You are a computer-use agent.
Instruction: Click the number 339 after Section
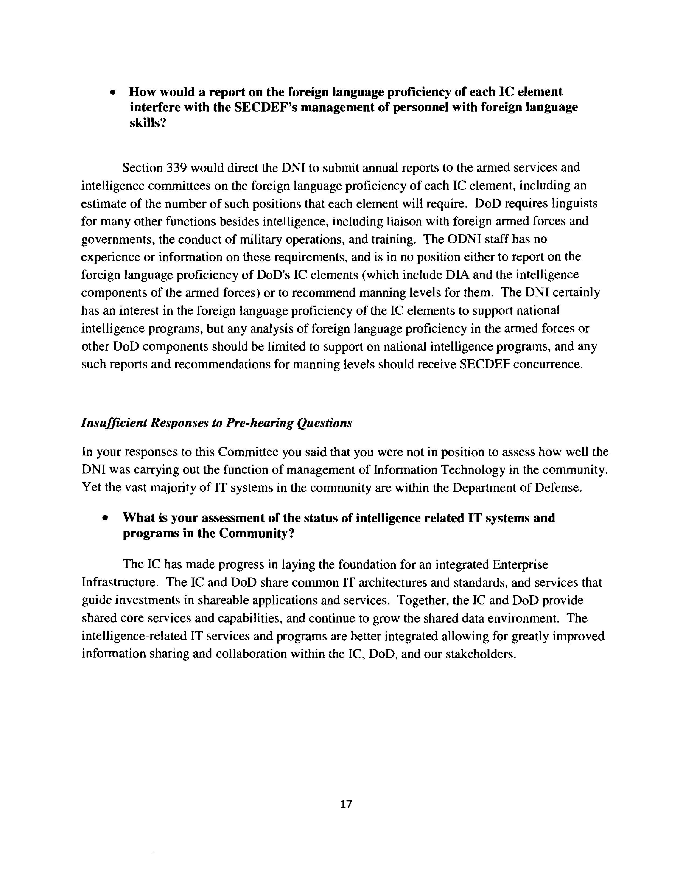point(177,168)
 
